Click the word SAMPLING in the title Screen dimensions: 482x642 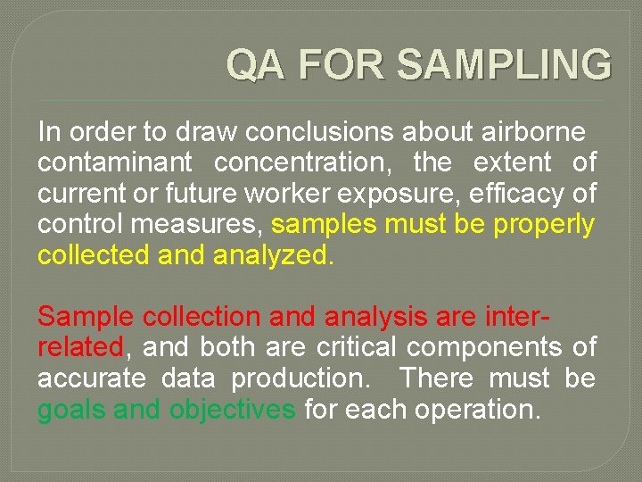tap(504, 65)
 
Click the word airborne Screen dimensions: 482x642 tap(532, 132)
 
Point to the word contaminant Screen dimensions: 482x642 tap(114, 163)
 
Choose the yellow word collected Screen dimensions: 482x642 tap(94, 256)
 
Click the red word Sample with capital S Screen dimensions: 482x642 tap(86, 317)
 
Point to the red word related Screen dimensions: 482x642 tap(80, 347)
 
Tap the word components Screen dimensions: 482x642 tap(490, 347)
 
